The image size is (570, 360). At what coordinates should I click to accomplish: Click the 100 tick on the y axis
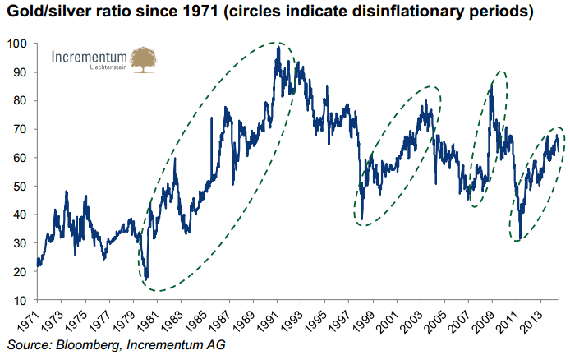[x=17, y=43]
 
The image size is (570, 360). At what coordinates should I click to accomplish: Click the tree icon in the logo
[x=145, y=60]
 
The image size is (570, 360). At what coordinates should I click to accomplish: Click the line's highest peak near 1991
[x=278, y=47]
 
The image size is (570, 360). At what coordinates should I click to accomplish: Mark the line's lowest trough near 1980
[x=146, y=279]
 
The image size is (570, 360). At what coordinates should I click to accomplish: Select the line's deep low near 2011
[x=519, y=234]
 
